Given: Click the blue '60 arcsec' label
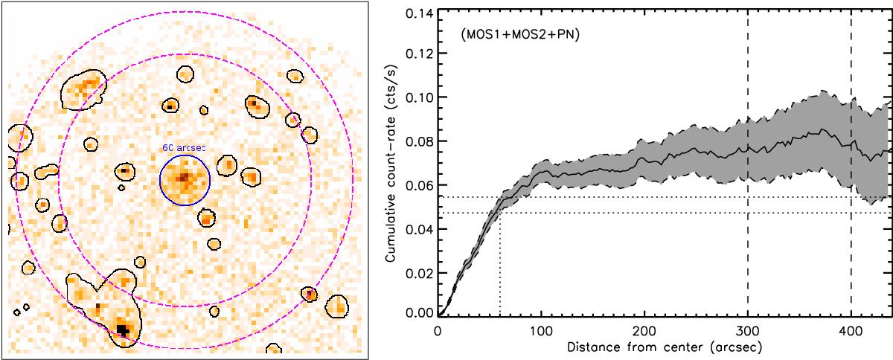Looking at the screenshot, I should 183,148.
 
